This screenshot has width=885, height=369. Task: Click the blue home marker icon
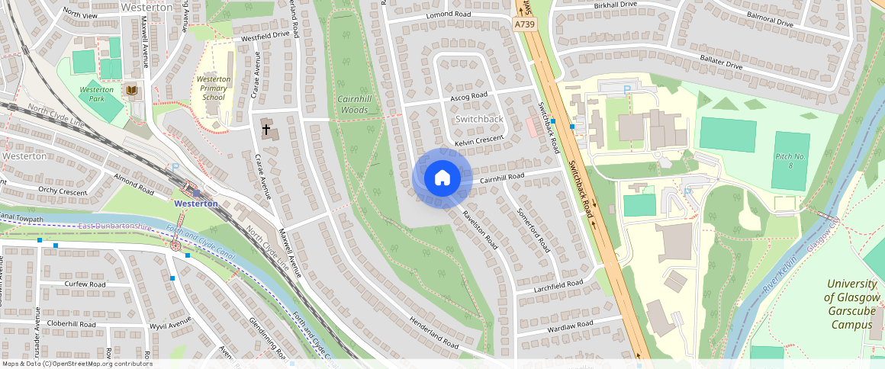[x=442, y=178]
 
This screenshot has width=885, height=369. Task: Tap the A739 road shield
[x=524, y=25]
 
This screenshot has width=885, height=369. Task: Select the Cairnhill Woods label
[x=352, y=104]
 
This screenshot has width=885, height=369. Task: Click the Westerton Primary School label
[x=213, y=88]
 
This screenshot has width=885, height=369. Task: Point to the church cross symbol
[x=266, y=130]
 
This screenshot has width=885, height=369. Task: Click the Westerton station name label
[x=196, y=204]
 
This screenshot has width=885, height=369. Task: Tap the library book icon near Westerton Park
[x=132, y=91]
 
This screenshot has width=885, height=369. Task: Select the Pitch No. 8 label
[x=790, y=160]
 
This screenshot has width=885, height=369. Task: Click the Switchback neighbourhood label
[x=479, y=119]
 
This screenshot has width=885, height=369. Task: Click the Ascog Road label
[x=468, y=97]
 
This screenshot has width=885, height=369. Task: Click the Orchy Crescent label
[x=63, y=191]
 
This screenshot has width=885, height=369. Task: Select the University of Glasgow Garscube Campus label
[x=852, y=303]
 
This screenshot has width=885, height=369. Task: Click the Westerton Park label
[x=97, y=94]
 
